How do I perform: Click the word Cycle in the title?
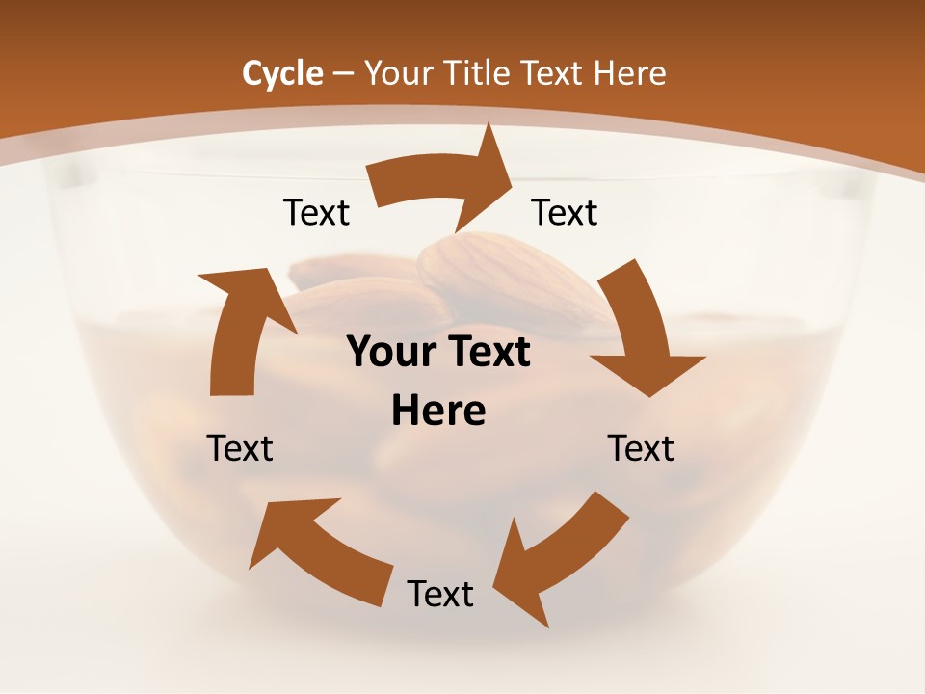click(282, 73)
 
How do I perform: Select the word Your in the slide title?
click(396, 73)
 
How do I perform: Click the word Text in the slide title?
click(553, 73)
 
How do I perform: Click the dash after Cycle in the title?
click(343, 73)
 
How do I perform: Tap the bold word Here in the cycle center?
click(438, 412)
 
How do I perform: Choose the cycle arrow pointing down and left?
click(554, 559)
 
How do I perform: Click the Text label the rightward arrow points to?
click(565, 212)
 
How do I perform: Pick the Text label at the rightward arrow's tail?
click(316, 212)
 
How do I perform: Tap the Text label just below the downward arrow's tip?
click(641, 448)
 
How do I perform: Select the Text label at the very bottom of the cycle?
click(440, 594)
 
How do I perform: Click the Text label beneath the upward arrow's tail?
click(240, 448)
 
